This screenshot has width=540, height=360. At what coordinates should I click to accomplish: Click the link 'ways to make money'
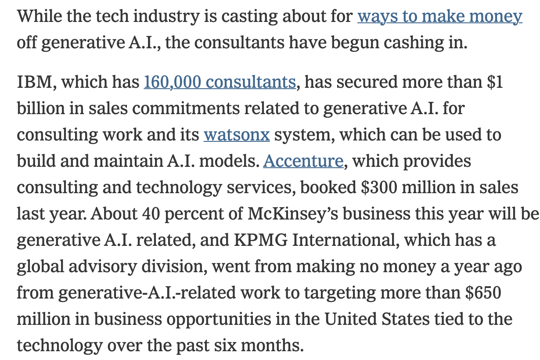[x=439, y=16]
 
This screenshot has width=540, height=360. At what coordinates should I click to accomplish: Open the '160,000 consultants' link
[x=220, y=82]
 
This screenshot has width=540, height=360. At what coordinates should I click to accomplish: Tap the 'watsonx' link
[x=237, y=135]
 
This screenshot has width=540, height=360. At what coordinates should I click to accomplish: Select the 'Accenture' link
[x=303, y=161]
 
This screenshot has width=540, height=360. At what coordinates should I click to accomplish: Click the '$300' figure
[x=377, y=187]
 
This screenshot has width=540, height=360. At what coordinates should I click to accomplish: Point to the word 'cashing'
[x=391, y=43]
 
